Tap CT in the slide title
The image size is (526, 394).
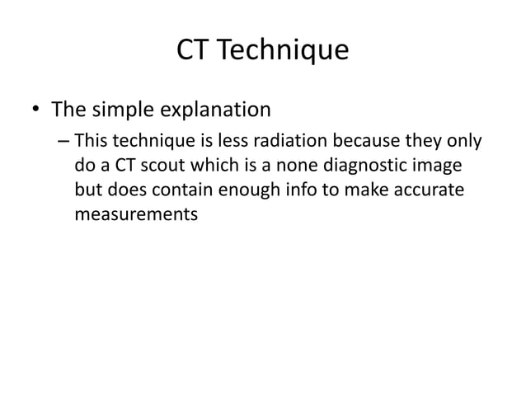point(194,51)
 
